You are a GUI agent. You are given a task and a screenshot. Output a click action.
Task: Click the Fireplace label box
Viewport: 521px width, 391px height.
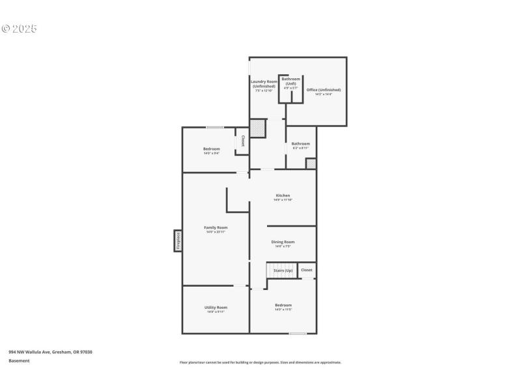coord(177,240)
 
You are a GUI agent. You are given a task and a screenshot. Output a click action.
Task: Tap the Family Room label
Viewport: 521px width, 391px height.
coord(216,229)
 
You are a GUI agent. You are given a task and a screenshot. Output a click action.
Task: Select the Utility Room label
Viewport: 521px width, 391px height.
coord(216,309)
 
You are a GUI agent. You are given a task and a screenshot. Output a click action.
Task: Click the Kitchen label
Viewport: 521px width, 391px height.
coord(283,197)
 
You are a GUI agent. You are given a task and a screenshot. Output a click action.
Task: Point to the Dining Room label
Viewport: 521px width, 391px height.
coord(283,244)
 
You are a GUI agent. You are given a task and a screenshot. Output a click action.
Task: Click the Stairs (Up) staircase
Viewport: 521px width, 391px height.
coord(281,270)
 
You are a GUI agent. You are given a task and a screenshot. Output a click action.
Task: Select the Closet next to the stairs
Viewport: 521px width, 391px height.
coord(306,270)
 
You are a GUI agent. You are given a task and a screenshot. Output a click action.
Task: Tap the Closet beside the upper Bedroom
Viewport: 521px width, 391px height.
coord(242,141)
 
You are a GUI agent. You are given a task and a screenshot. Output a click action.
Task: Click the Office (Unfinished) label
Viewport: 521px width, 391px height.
coord(324,92)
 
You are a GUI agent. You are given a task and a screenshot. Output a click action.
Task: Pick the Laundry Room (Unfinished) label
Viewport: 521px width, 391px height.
coord(264,85)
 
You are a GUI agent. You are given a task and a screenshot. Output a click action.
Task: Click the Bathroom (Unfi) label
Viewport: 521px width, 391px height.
coord(290,83)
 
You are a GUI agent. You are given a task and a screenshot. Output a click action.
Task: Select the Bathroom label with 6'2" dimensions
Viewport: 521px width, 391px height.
coord(300,145)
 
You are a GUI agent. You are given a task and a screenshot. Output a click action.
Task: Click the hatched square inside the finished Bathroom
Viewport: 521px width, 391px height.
coord(311,164)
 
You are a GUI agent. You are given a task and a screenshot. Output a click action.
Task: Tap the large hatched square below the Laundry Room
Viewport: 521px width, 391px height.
coord(258,128)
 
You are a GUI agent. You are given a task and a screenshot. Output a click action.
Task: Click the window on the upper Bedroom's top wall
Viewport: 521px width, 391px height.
coord(215,127)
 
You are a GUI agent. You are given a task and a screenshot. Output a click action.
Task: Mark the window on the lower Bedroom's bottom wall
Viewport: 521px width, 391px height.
coord(298,334)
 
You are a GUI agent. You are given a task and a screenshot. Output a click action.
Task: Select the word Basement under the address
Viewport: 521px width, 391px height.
coord(19,360)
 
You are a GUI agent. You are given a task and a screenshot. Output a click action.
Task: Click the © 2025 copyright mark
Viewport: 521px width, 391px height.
coord(20,29)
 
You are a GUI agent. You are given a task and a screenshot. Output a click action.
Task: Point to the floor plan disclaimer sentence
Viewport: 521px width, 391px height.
coord(260,362)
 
